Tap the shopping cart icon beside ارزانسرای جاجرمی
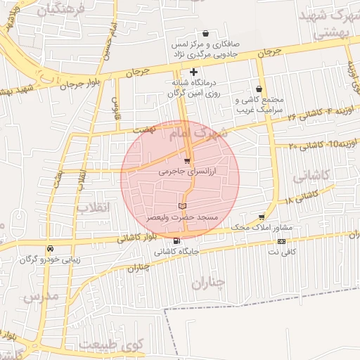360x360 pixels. pos(186,162)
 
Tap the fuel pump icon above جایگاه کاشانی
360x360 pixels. pos(176,240)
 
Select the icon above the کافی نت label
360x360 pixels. pos(282,242)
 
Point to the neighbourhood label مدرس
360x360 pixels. pos(41,297)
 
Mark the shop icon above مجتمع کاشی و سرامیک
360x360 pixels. pos(260,89)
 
